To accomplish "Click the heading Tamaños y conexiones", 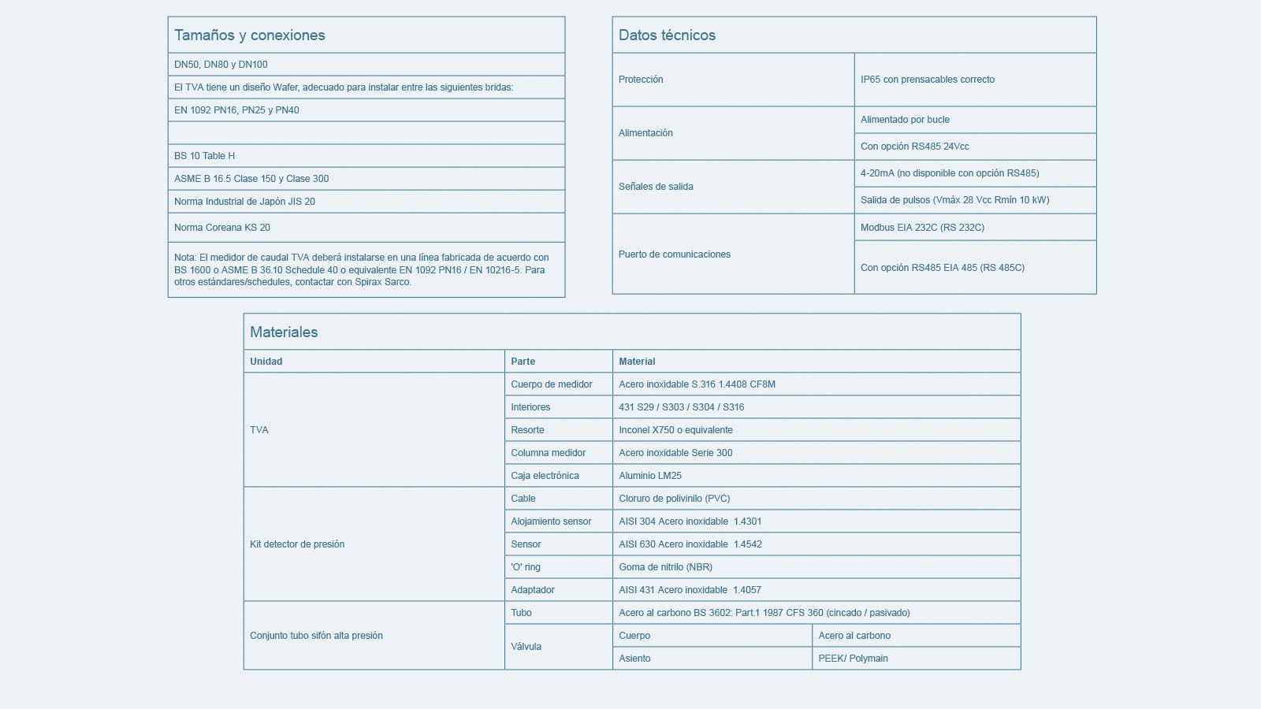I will [250, 35].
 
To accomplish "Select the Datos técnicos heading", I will [667, 35].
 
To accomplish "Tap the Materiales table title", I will [284, 332].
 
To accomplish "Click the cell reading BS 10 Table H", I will [205, 156].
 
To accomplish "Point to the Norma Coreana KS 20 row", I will [222, 228].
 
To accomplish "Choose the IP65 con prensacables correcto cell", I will [928, 80].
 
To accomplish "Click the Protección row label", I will [641, 80].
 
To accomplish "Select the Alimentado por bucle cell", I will [905, 120].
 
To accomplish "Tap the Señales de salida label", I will [656, 187].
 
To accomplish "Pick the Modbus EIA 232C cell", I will [922, 228].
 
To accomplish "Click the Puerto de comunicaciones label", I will [675, 254].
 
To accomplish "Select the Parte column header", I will [523, 362].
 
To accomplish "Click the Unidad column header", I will [266, 362].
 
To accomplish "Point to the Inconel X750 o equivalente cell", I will [675, 430].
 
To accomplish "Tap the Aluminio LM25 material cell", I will [650, 476].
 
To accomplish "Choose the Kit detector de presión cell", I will [297, 544].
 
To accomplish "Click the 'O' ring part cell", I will [526, 567].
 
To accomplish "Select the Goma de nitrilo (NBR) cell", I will [665, 567].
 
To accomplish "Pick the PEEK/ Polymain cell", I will [853, 659].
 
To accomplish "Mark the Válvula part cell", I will [526, 647].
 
